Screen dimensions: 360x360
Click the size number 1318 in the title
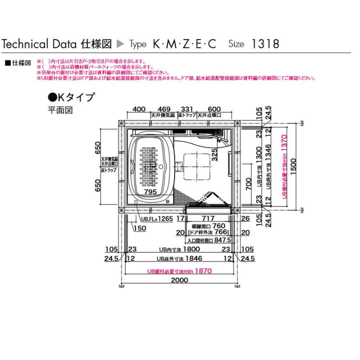coord(265,43)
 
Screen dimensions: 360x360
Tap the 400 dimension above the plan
coord(139,109)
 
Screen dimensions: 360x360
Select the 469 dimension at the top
coord(164,109)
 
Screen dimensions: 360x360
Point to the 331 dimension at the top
coord(186,109)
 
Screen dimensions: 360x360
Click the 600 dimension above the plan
coord(214,109)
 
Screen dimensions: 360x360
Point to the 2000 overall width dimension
coord(179,280)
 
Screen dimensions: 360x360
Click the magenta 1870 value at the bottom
coord(202,270)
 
